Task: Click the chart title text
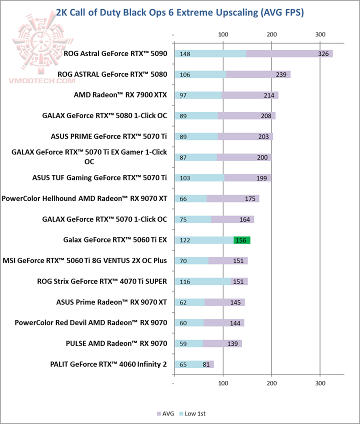tap(179, 12)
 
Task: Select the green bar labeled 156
tap(241, 240)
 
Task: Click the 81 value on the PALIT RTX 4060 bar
tap(206, 364)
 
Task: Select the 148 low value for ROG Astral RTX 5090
tap(185, 53)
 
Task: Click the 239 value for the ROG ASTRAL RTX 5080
tap(281, 74)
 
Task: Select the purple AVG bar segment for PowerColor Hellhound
tap(232, 198)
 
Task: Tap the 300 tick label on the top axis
tap(320, 34)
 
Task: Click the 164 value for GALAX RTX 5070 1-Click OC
tap(244, 219)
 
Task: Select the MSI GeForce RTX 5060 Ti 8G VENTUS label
tap(85, 260)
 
